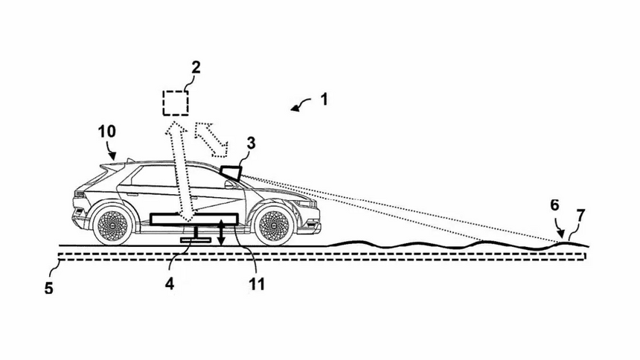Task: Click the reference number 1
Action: (324, 97)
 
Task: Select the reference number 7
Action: (580, 215)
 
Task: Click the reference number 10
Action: (107, 131)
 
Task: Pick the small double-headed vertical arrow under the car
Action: (221, 233)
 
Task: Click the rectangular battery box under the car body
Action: (193, 219)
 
